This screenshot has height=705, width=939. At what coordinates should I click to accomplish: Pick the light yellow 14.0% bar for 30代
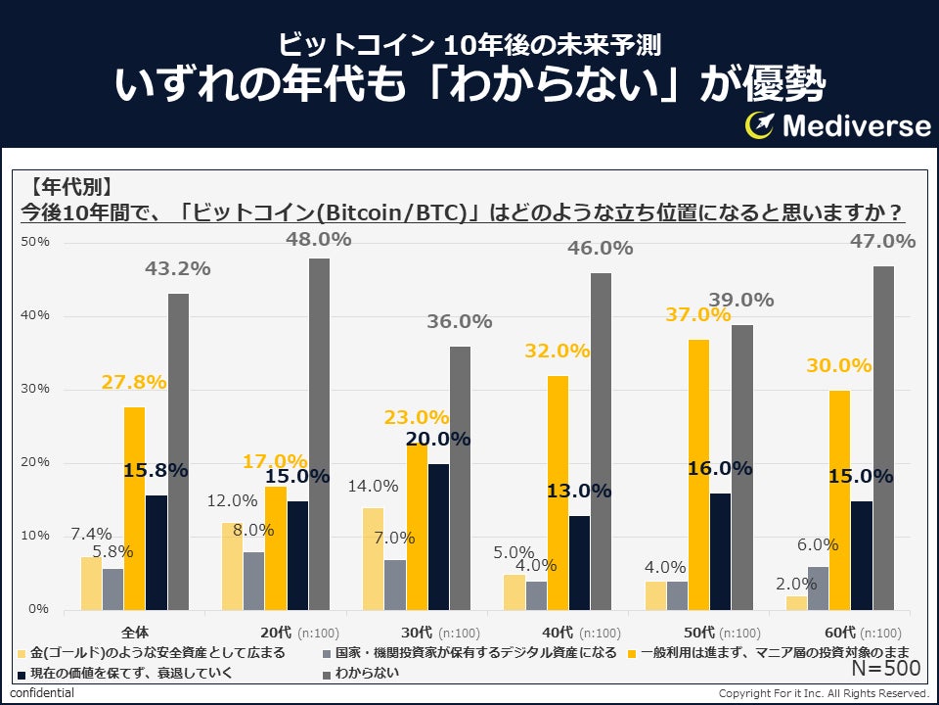(373, 558)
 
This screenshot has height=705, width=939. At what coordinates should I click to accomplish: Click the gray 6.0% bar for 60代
(818, 587)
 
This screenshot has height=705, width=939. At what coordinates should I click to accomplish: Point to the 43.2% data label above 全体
(177, 268)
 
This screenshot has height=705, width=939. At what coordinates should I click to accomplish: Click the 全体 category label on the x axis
(135, 633)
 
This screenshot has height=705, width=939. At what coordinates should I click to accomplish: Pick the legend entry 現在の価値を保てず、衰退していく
(156, 674)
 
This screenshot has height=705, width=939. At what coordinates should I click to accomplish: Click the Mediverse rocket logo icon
(761, 125)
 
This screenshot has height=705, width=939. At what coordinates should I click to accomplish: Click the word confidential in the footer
(42, 693)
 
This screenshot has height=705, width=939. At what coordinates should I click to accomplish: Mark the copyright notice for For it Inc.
(822, 693)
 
